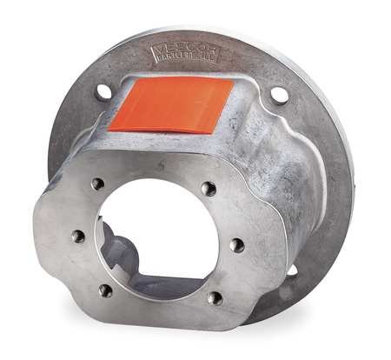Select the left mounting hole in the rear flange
coord(103,91)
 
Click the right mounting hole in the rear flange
coord(279,96)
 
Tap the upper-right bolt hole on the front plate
coord(208,188)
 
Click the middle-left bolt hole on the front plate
coord(77,235)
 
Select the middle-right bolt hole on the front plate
coord(236,245)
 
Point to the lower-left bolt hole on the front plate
coord(106,290)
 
